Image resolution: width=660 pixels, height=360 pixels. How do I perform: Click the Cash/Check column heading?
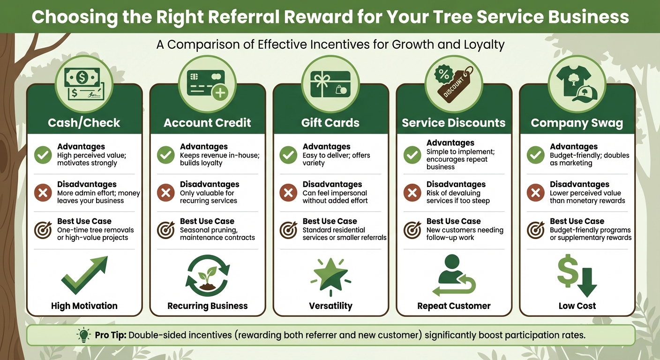[84, 123]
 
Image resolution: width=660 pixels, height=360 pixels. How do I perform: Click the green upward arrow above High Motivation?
[84, 276]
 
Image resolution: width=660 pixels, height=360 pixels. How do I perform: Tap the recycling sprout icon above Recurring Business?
[208, 276]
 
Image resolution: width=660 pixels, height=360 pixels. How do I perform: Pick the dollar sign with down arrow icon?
[577, 277]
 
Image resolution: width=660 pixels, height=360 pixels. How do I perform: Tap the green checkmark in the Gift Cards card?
[288, 155]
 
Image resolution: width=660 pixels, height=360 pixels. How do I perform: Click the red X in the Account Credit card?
[165, 193]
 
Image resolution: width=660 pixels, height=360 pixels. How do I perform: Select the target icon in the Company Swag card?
[535, 230]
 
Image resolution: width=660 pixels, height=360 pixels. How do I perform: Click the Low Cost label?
[577, 306]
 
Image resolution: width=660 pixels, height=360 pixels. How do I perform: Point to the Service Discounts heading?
[454, 123]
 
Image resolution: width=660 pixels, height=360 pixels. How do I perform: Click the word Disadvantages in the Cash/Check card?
[87, 184]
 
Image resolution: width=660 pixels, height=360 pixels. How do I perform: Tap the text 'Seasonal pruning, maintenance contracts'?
[217, 234]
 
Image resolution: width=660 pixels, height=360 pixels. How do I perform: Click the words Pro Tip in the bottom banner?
[110, 335]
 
